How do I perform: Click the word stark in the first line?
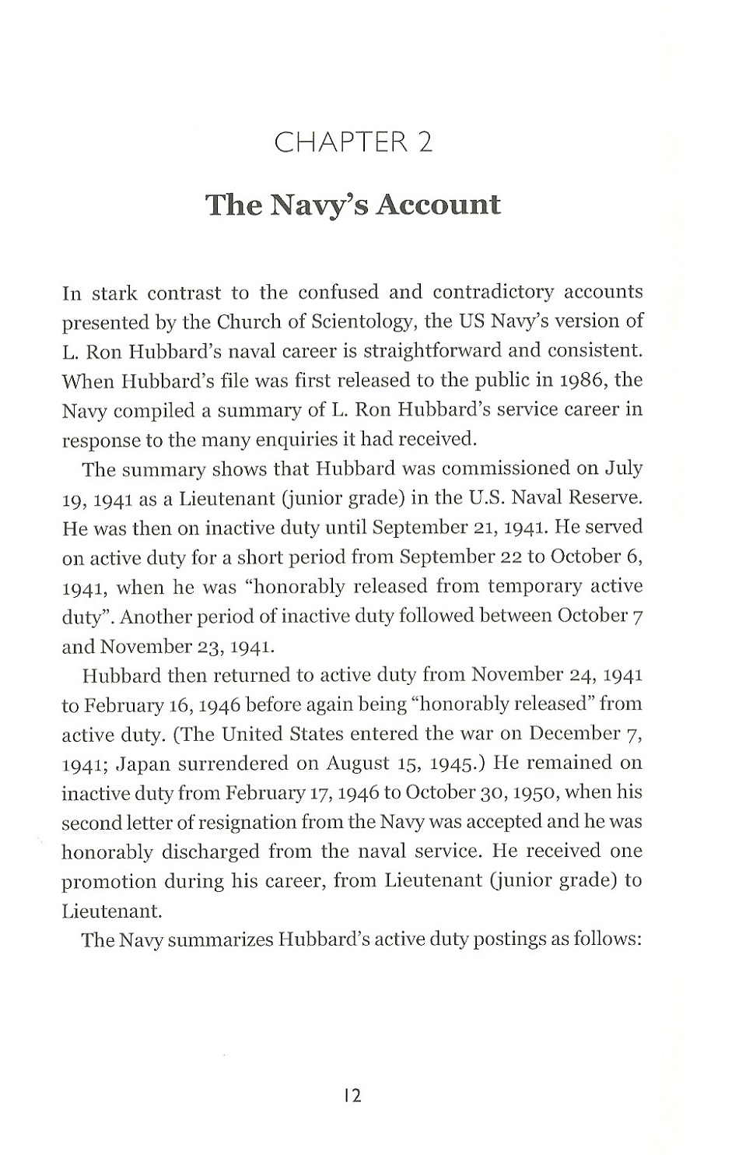click(114, 293)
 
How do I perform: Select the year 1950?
click(529, 792)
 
